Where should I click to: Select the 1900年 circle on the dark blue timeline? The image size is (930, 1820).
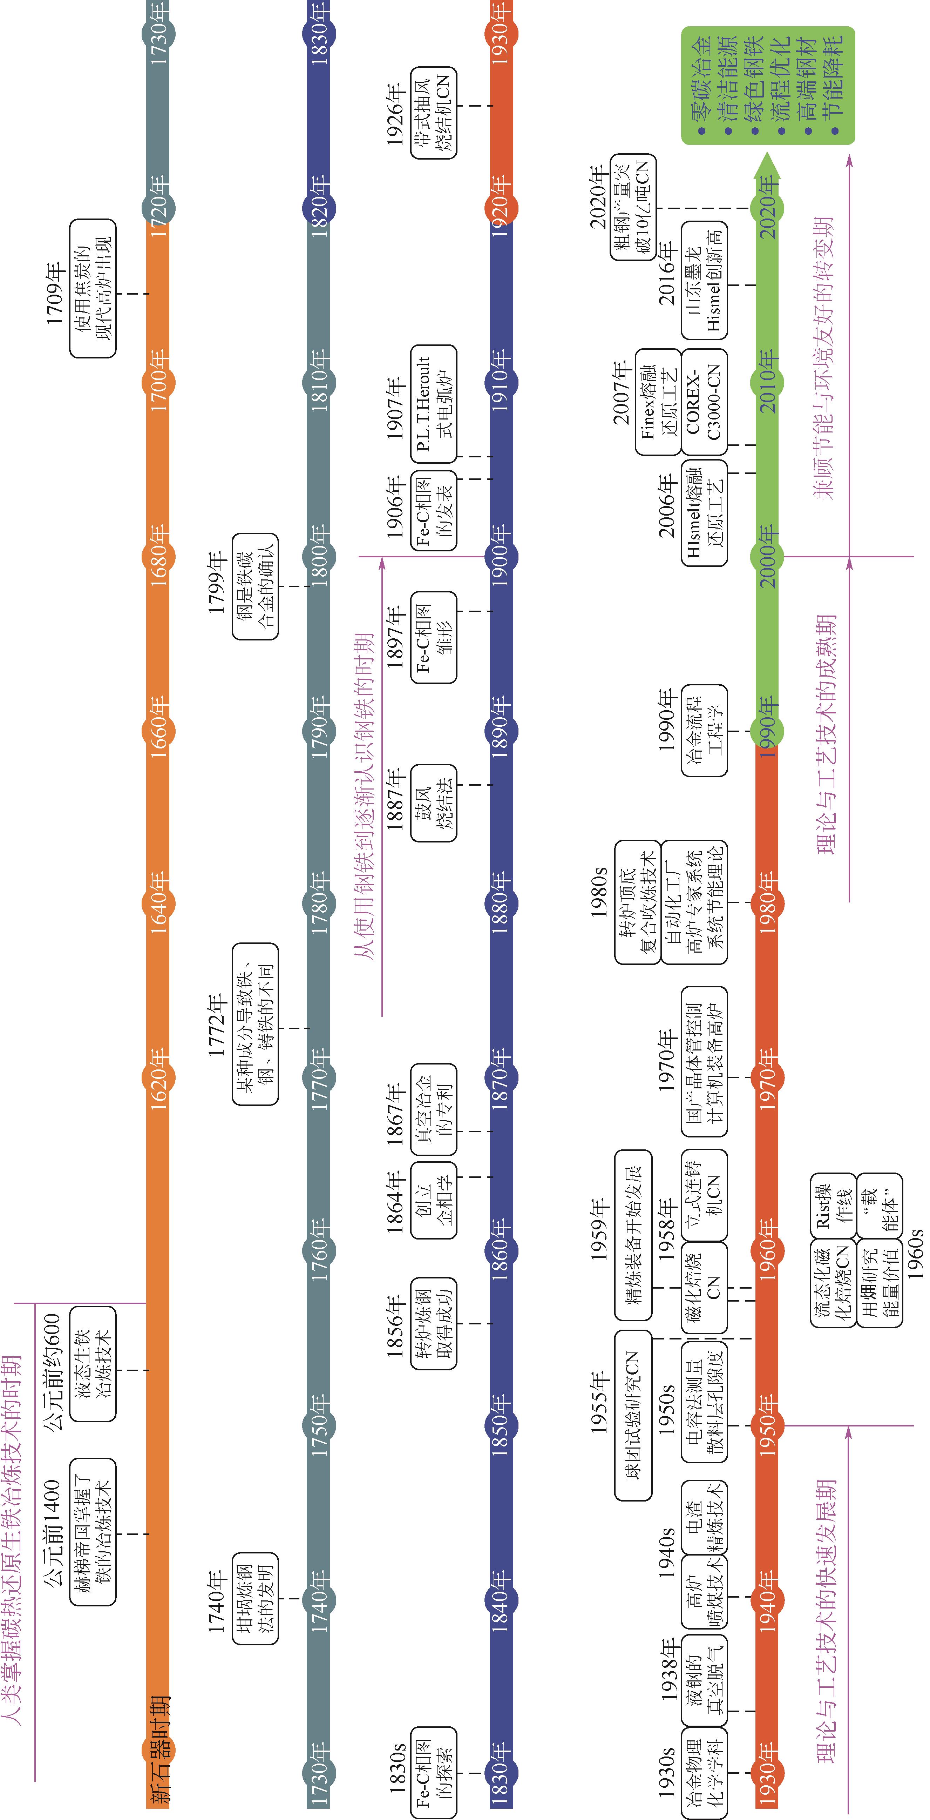click(x=501, y=556)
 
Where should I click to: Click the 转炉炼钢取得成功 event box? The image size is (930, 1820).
click(x=434, y=1323)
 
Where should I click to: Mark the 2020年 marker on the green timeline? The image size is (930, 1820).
click(x=768, y=208)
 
